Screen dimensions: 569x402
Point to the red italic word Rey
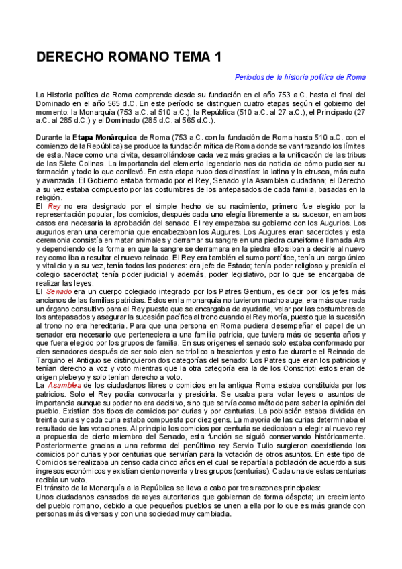click(x=54, y=207)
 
